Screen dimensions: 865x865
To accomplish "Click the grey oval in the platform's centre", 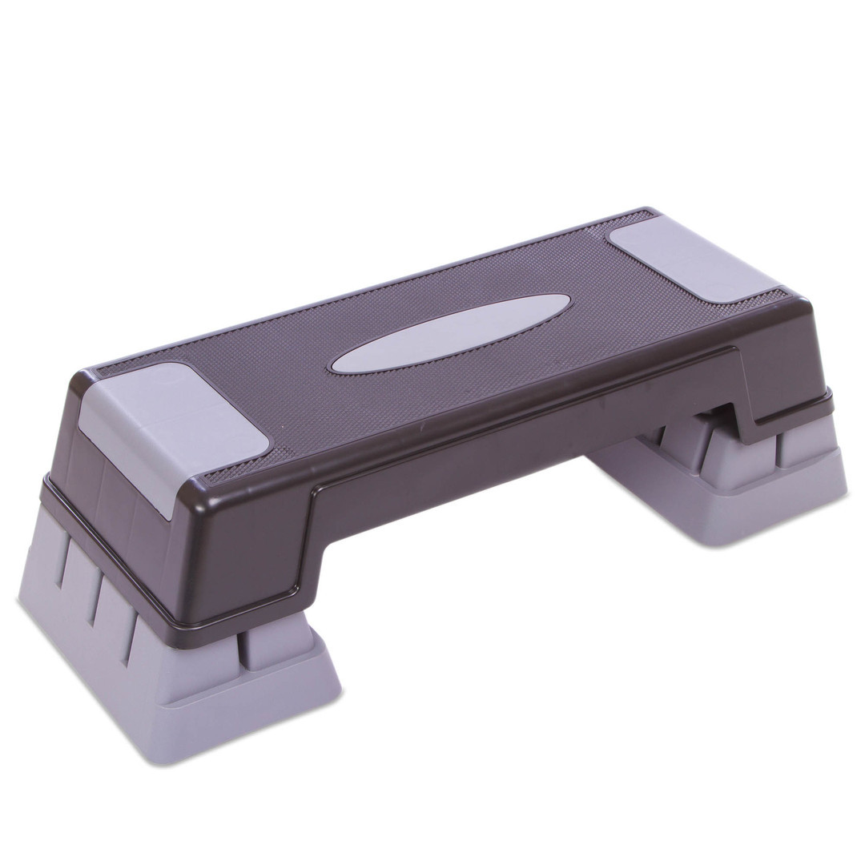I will click(451, 333).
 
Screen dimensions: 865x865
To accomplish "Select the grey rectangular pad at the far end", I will click(693, 260).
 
